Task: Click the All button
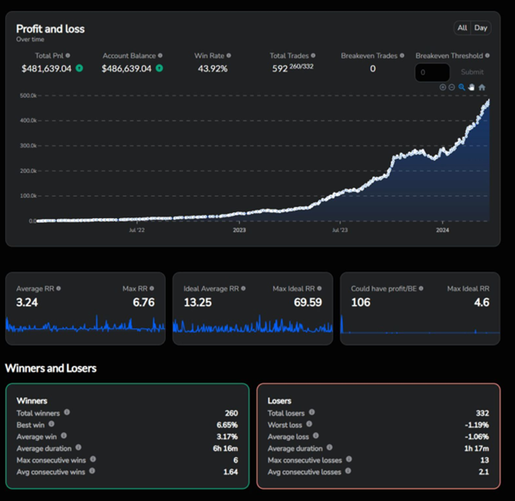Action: coord(462,27)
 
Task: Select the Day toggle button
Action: coord(481,27)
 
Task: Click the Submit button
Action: coord(472,72)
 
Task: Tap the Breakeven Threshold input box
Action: coord(432,72)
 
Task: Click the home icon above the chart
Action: coord(481,88)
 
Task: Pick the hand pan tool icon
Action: coord(471,88)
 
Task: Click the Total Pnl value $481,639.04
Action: coord(46,69)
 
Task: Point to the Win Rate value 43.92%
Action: coord(212,69)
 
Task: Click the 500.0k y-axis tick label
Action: coord(28,95)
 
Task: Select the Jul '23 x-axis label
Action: coord(340,230)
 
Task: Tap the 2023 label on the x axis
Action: coord(239,230)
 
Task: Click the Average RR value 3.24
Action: coord(27,302)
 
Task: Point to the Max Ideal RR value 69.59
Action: coord(308,302)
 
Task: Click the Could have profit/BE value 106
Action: coord(360,302)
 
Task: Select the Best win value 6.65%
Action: coord(227,425)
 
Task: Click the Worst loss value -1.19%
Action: coord(476,425)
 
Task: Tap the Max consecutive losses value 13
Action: coord(484,461)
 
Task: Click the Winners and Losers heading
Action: coord(51,369)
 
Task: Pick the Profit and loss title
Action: coord(50,29)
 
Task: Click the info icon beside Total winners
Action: coord(67,412)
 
